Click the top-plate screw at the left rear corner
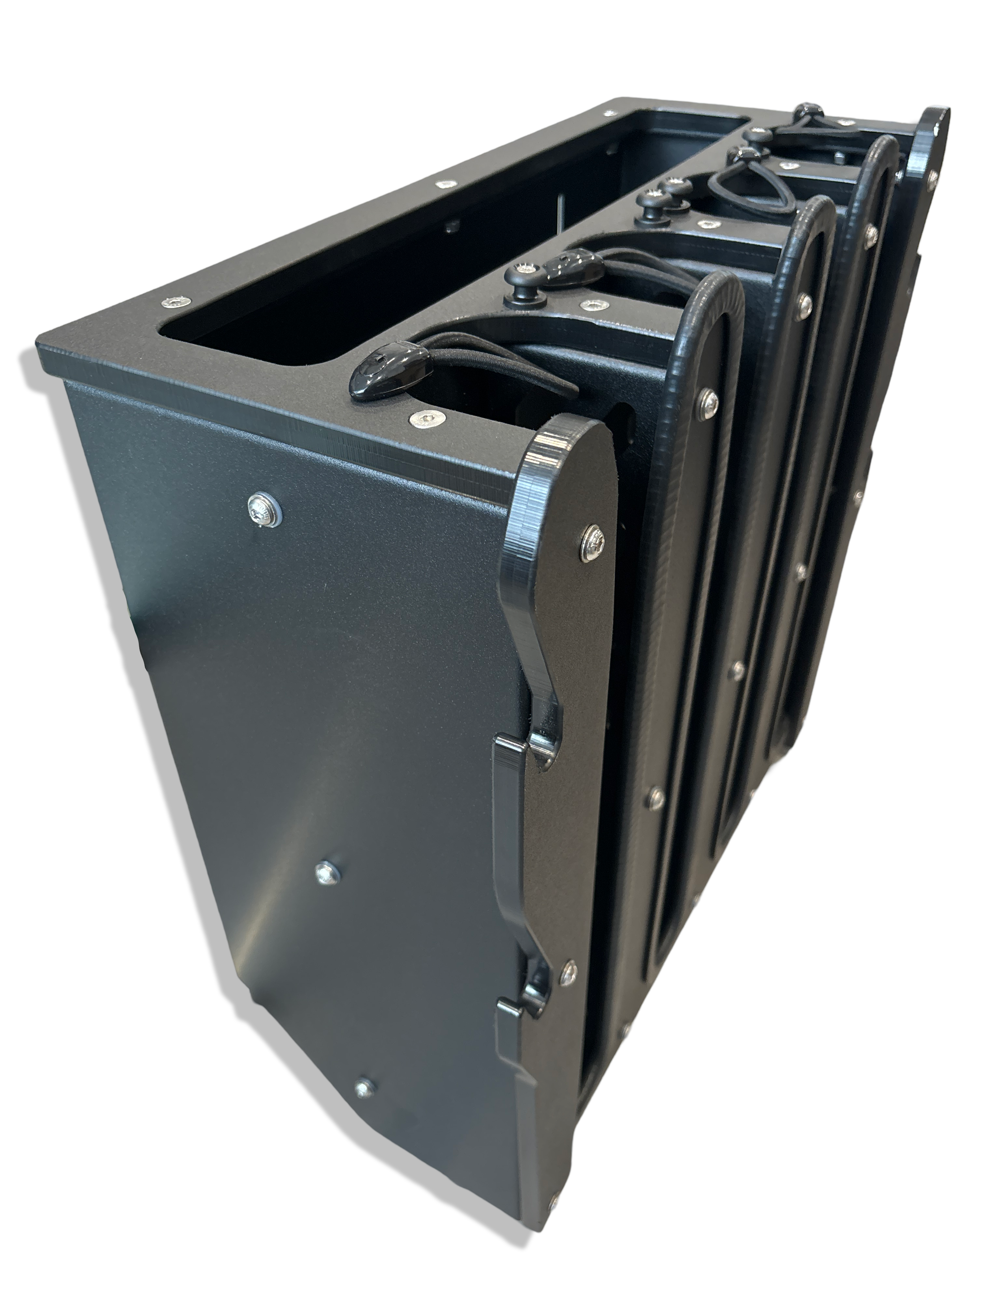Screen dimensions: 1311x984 pos(608,113)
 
